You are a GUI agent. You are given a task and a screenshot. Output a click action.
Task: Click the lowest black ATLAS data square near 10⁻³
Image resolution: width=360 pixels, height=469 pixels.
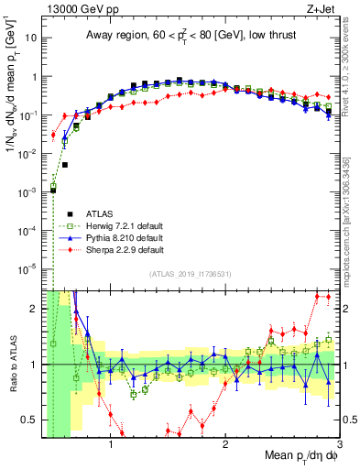pos(53,190)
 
